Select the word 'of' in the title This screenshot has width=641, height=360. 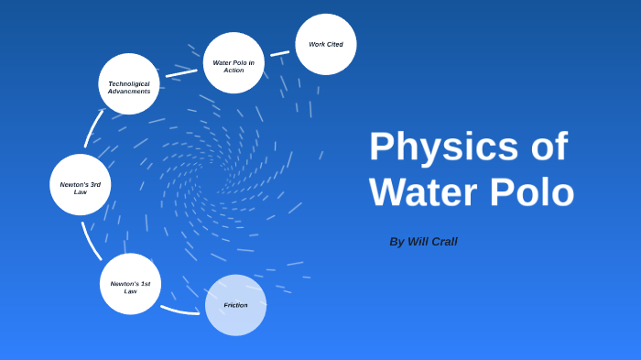click(x=549, y=147)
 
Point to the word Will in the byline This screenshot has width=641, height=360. click(x=418, y=242)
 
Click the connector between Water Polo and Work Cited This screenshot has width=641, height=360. click(x=279, y=53)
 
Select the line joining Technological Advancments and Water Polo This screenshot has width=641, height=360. click(x=181, y=71)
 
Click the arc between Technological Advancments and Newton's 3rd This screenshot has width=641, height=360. click(x=92, y=127)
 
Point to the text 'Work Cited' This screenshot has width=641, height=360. click(x=326, y=44)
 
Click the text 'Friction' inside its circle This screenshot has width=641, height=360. click(x=235, y=305)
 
